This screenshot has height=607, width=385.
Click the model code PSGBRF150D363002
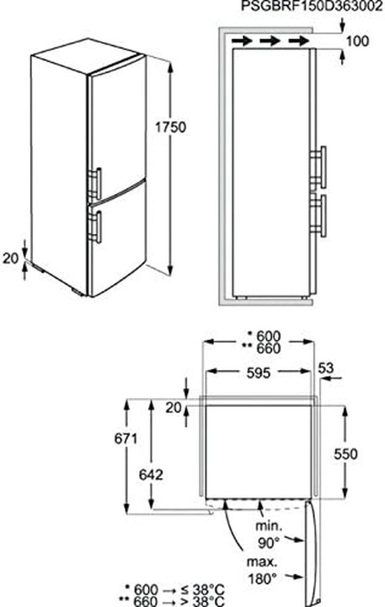click(312, 6)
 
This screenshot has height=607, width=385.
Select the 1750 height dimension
click(171, 127)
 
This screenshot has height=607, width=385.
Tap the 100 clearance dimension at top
click(358, 41)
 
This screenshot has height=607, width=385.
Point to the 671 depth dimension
click(126, 438)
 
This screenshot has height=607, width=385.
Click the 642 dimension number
click(151, 475)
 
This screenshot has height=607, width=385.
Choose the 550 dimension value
click(346, 454)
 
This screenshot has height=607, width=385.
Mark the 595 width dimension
click(258, 373)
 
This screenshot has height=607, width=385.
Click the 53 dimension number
click(326, 368)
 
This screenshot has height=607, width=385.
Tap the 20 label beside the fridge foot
click(11, 258)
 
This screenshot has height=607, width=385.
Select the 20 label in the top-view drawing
click(173, 407)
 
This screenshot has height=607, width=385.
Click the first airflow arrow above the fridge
click(242, 41)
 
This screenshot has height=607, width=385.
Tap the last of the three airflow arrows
click(298, 41)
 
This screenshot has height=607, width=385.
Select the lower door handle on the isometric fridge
click(96, 227)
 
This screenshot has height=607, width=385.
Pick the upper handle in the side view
click(319, 167)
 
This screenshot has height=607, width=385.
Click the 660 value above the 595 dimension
click(269, 349)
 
